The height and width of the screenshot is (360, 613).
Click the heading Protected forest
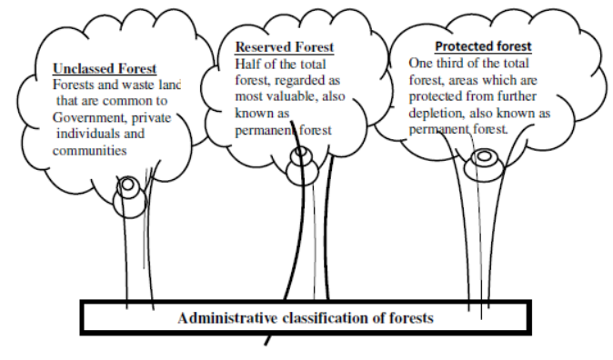pos(483,46)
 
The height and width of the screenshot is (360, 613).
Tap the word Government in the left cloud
pos(88,118)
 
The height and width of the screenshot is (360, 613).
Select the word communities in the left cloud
pos(88,151)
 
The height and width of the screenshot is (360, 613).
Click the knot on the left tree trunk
pos(130,187)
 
